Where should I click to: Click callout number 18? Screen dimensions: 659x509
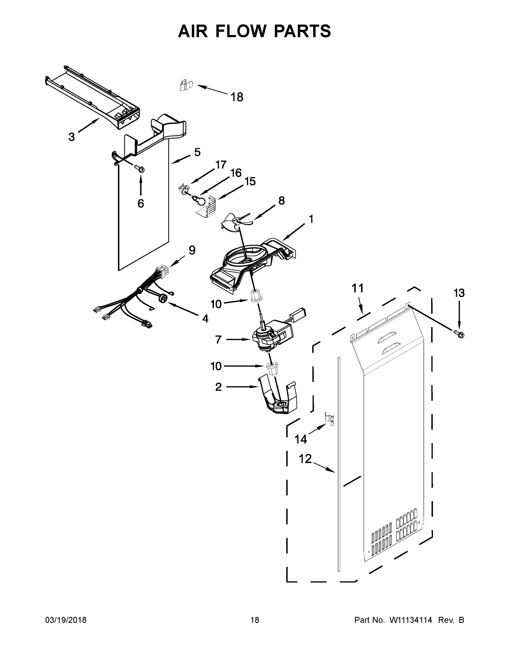pyautogui.click(x=237, y=97)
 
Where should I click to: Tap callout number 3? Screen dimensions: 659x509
pyautogui.click(x=71, y=137)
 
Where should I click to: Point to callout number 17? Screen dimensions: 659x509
pyautogui.click(x=221, y=165)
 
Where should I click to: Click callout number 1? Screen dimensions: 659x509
pyautogui.click(x=311, y=219)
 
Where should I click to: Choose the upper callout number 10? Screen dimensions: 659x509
pyautogui.click(x=216, y=304)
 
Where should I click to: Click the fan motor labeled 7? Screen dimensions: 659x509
pyautogui.click(x=270, y=337)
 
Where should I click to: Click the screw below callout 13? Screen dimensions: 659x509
pyautogui.click(x=459, y=334)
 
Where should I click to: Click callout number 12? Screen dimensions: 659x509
pyautogui.click(x=305, y=459)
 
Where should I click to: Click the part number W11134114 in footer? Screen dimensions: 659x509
pyautogui.click(x=411, y=620)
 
